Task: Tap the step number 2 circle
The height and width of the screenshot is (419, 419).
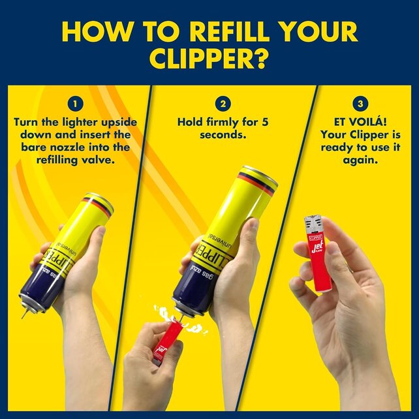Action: pos(224,103)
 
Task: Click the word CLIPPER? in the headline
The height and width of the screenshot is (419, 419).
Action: pos(209,57)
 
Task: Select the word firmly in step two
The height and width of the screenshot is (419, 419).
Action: pos(225,122)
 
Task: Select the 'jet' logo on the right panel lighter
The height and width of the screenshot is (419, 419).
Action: pos(317,249)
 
